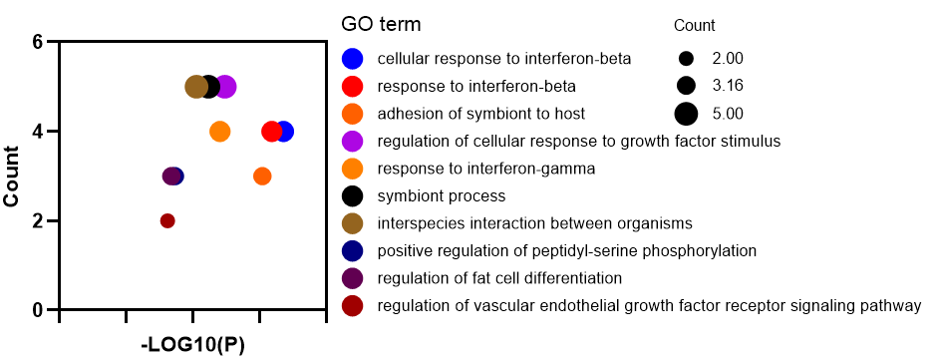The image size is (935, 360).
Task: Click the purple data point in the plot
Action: [x=225, y=87]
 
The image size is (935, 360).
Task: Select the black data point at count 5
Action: [x=208, y=87]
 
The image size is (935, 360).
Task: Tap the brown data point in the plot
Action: [x=196, y=87]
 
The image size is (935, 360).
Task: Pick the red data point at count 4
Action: [x=272, y=132]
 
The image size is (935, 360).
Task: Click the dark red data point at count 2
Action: [x=167, y=221]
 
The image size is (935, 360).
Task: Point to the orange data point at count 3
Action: [x=262, y=177]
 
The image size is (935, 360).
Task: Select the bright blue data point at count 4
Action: [x=284, y=132]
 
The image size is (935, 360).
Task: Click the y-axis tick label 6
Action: [x=37, y=42]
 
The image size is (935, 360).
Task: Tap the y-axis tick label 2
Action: [x=37, y=221]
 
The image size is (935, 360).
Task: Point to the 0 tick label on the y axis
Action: [x=37, y=310]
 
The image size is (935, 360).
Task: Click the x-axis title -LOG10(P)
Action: [x=193, y=346]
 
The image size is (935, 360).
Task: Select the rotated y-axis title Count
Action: [x=13, y=177]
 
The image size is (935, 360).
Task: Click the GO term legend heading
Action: [x=381, y=25]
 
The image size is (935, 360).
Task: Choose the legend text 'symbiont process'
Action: [x=442, y=195]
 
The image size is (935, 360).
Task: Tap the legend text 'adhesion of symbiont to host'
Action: [x=481, y=114]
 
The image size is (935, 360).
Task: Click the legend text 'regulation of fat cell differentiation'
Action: [x=499, y=278]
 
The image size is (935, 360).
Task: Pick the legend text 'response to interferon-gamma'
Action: [x=486, y=169]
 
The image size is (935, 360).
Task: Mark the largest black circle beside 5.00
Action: [x=687, y=114]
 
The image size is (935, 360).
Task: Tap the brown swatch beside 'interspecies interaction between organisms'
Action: [x=353, y=223]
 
